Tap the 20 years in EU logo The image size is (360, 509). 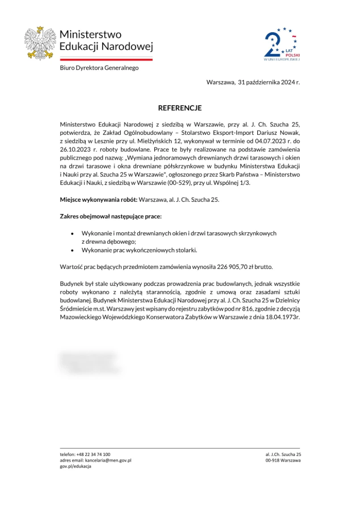click(x=282, y=44)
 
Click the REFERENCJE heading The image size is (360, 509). click(x=180, y=108)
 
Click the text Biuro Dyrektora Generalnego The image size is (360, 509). click(x=99, y=68)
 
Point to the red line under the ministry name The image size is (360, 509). click(x=106, y=59)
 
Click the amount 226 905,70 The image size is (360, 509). click(x=234, y=267)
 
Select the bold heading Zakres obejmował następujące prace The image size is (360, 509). click(x=111, y=217)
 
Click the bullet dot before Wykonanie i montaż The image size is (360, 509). click(x=72, y=234)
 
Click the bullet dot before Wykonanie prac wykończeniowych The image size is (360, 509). click(x=72, y=250)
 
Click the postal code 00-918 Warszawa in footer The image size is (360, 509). click(x=283, y=460)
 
